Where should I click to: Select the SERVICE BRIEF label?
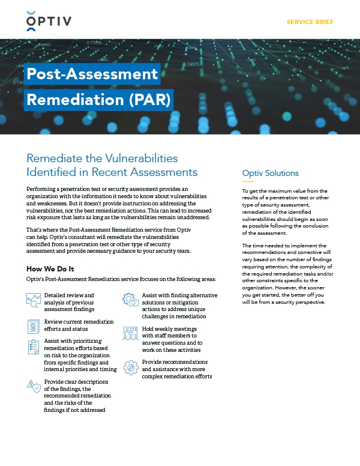pyautogui.click(x=310, y=22)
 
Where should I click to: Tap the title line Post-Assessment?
pyautogui.click(x=92, y=74)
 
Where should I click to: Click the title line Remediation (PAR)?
pyautogui.click(x=99, y=98)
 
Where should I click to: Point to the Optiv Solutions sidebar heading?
pyautogui.click(x=270, y=173)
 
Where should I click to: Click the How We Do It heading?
pyautogui.click(x=54, y=268)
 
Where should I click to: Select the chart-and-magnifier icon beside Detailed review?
pyautogui.click(x=34, y=300)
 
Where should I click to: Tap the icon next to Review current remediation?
pyautogui.click(x=34, y=326)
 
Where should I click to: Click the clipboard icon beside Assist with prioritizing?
pyautogui.click(x=34, y=346)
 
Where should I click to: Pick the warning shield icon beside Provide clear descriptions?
pyautogui.click(x=34, y=386)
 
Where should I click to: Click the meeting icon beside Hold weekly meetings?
pyautogui.click(x=130, y=334)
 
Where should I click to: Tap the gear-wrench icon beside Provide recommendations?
pyautogui.click(x=130, y=367)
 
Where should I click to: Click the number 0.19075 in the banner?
pyautogui.click(x=191, y=64)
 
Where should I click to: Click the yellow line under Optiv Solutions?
pyautogui.click(x=248, y=181)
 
